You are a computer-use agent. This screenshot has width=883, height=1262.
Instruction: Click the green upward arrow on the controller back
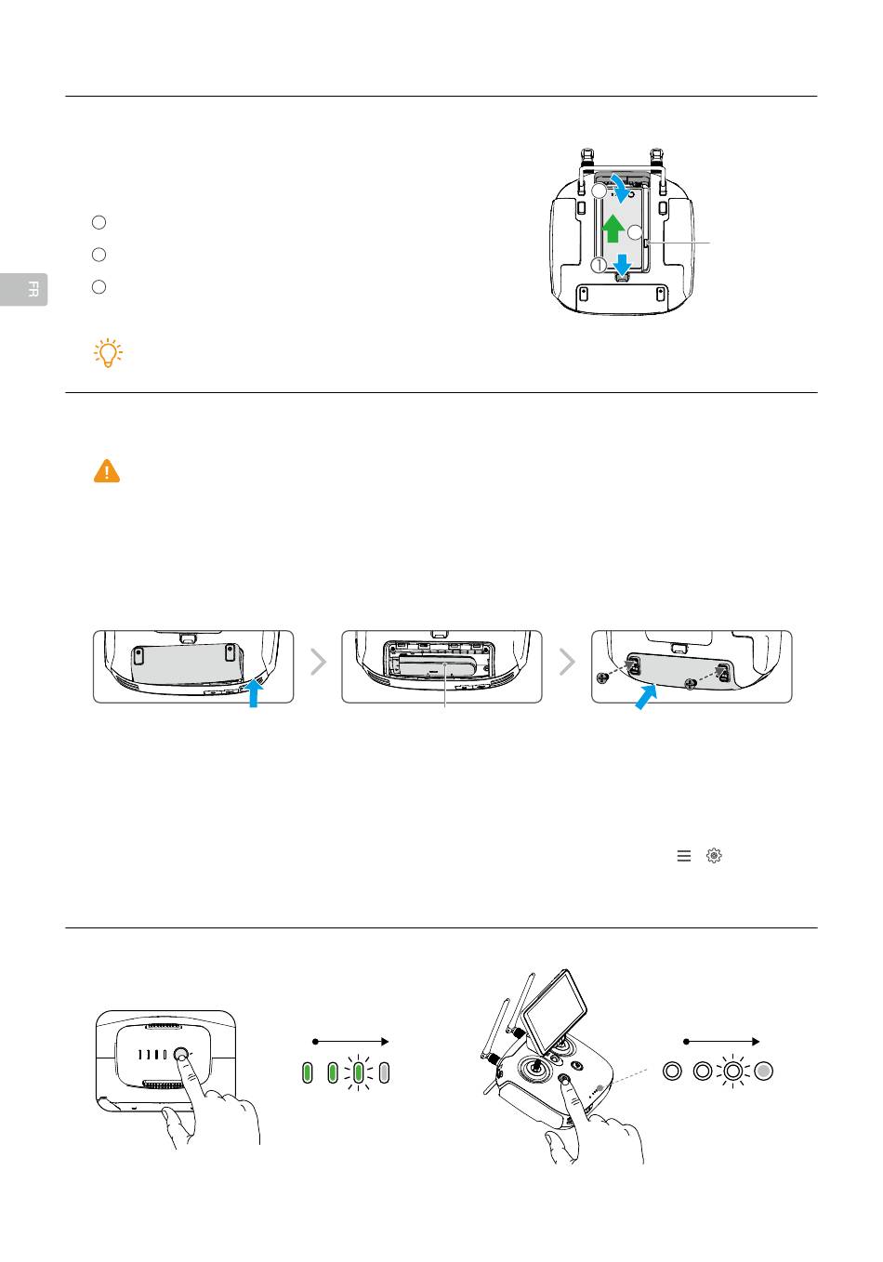point(612,228)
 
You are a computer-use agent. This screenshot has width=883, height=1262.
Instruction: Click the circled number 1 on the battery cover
point(598,265)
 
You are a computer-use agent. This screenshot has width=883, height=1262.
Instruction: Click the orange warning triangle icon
point(107,471)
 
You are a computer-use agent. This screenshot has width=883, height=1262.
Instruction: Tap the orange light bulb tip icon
point(108,353)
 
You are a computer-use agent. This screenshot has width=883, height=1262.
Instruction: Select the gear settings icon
point(714,856)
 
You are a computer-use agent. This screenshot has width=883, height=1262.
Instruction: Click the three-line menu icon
point(684,856)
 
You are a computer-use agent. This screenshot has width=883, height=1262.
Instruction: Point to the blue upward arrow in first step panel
point(253,691)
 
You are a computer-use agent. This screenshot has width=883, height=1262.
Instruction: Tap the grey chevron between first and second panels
point(318,662)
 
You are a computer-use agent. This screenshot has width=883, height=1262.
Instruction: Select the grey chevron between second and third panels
point(567,662)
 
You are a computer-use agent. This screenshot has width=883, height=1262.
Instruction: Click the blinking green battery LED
point(358,1073)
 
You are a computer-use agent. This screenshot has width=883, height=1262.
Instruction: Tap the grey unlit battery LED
point(384,1073)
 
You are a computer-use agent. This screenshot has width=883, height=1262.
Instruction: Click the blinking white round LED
point(732,1071)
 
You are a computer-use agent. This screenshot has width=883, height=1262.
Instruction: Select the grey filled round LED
point(763,1071)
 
